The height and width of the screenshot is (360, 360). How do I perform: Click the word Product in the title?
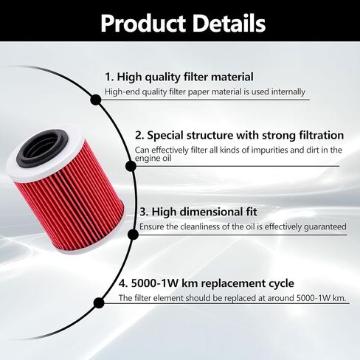click(x=143, y=24)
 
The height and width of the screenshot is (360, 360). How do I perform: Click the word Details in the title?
click(x=229, y=23)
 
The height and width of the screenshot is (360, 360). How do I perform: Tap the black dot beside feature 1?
click(x=96, y=100)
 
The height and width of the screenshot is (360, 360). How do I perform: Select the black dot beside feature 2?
click(x=131, y=166)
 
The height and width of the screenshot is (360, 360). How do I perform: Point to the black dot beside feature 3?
click(x=133, y=235)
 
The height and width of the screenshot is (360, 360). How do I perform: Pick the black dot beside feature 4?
click(x=99, y=303)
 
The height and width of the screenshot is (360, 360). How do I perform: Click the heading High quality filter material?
click(x=185, y=77)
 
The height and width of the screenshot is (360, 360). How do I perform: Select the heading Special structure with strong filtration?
click(x=245, y=135)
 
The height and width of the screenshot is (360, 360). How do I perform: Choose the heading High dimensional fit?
click(x=204, y=212)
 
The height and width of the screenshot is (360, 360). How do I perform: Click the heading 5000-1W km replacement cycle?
click(x=212, y=283)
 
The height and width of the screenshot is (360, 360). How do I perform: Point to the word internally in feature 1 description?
click(x=288, y=91)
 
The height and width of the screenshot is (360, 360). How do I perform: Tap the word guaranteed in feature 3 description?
click(x=325, y=226)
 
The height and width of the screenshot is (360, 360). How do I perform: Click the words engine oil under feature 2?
click(x=153, y=158)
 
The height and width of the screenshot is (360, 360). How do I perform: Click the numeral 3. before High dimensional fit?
click(x=144, y=212)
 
